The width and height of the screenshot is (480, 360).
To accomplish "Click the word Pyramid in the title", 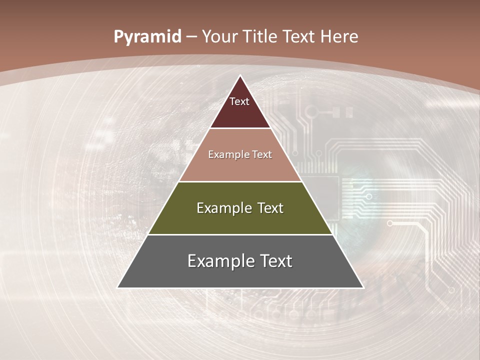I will pos(147,37).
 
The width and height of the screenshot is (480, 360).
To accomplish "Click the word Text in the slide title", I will pos(299,36).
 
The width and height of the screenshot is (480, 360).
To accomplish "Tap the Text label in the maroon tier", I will pos(239,101).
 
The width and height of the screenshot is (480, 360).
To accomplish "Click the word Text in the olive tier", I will pos(270,208).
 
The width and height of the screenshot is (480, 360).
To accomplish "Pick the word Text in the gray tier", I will pos(276,261).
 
